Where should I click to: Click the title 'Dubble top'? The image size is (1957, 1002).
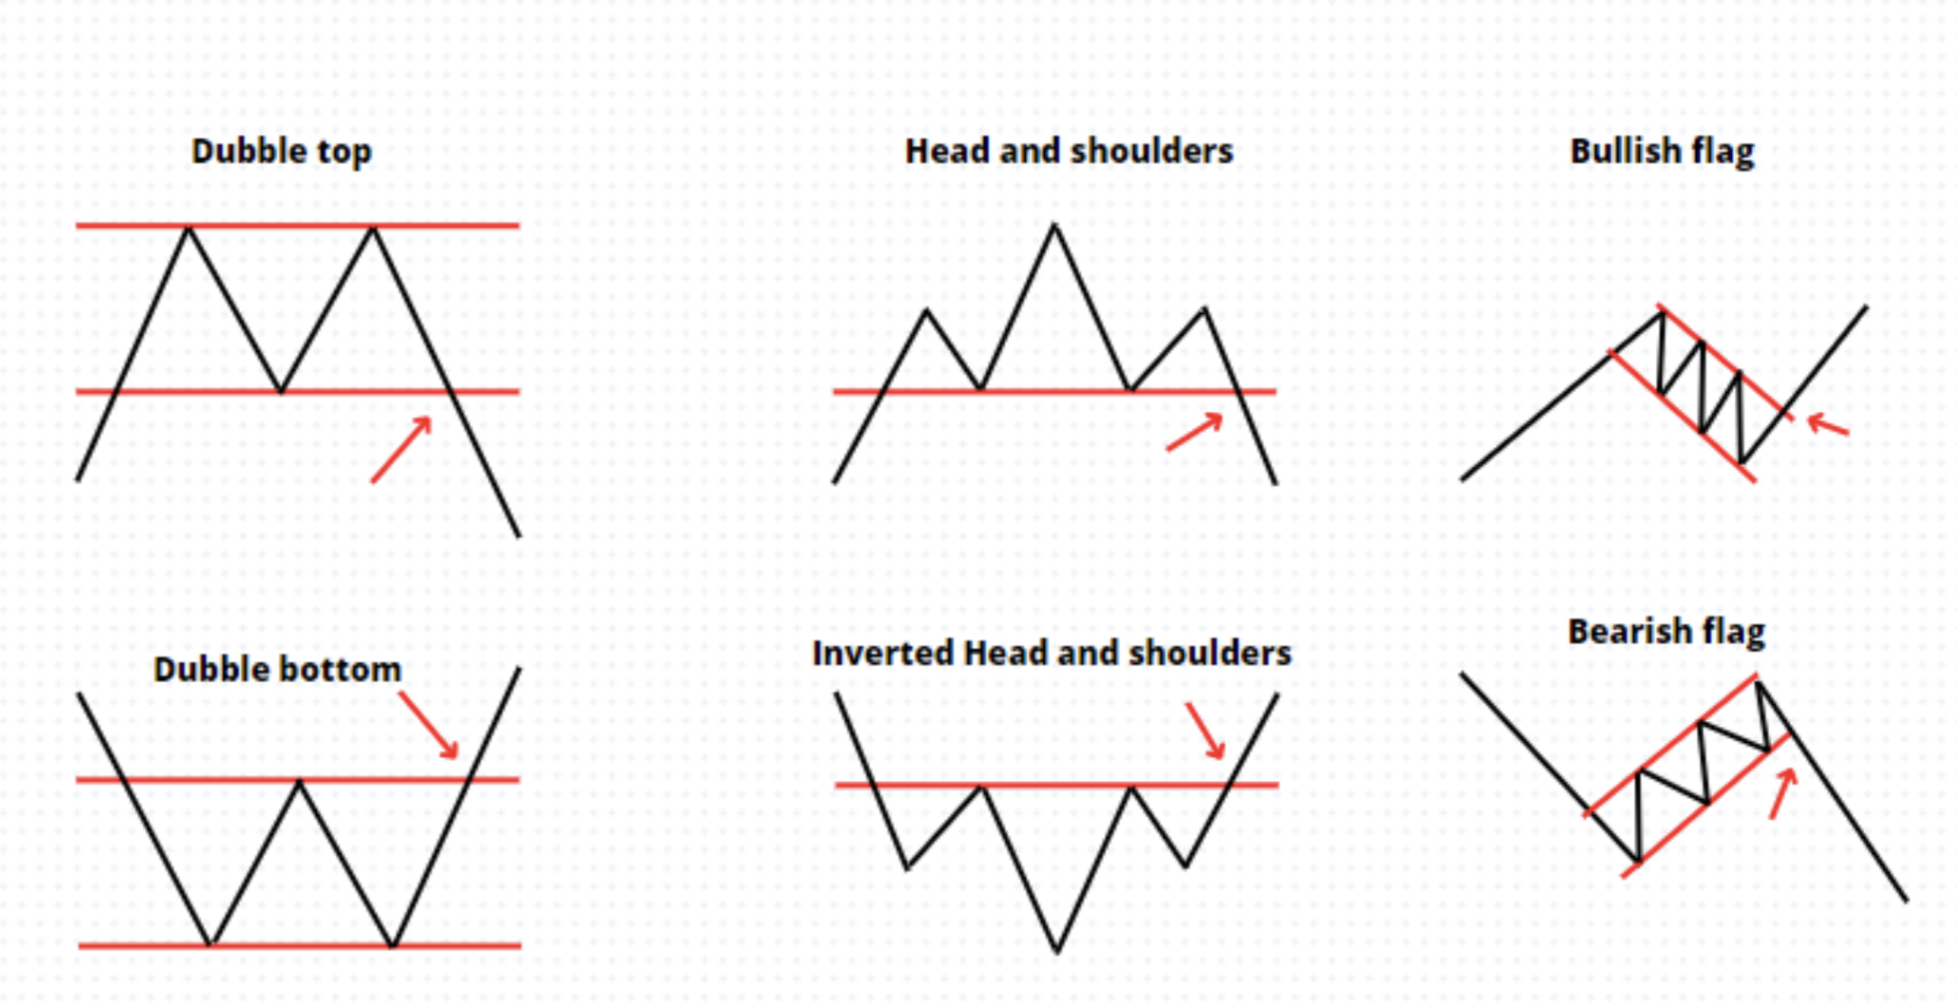[281, 151]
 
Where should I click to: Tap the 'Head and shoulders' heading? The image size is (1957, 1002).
[1069, 151]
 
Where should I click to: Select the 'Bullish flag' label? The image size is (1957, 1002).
[1662, 151]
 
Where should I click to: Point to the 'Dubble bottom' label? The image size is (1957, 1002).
[277, 670]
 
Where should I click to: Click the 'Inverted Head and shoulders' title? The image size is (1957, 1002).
[1052, 653]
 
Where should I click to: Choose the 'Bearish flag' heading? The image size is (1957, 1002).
[1666, 631]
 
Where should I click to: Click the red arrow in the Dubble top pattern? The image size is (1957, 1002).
[401, 450]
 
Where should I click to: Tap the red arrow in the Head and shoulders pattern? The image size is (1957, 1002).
[1194, 432]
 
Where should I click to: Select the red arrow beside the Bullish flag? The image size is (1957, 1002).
[1827, 424]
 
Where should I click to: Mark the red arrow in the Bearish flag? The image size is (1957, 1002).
[1782, 793]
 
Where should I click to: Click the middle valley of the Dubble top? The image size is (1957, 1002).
[280, 389]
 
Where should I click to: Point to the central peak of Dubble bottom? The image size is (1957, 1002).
[299, 783]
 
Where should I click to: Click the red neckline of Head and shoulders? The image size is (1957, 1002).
[1053, 391]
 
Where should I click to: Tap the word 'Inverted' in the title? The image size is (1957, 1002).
[883, 653]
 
